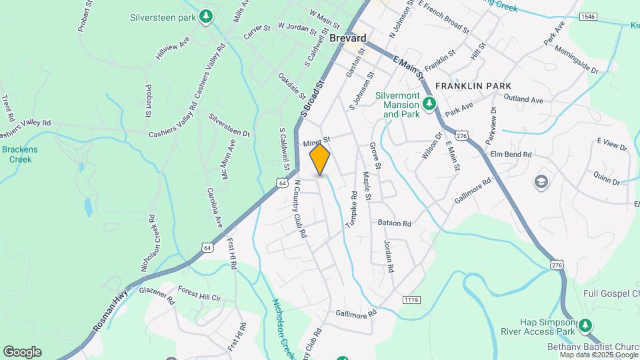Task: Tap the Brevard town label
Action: pyautogui.click(x=348, y=38)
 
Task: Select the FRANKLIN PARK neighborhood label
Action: pyautogui.click(x=473, y=86)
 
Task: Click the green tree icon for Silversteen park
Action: pyautogui.click(x=207, y=15)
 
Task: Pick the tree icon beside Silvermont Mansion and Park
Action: pyautogui.click(x=430, y=103)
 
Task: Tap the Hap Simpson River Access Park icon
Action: pyautogui.click(x=585, y=325)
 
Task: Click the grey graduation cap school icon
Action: pyautogui.click(x=541, y=181)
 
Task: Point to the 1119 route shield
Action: pyautogui.click(x=411, y=301)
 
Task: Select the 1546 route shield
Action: pyautogui.click(x=587, y=16)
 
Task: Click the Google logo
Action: pyautogui.click(x=22, y=352)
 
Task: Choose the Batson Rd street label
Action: pyautogui.click(x=394, y=223)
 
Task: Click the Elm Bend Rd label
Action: pyautogui.click(x=511, y=154)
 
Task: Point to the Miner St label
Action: pyautogui.click(x=317, y=142)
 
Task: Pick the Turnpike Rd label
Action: pyautogui.click(x=352, y=212)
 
